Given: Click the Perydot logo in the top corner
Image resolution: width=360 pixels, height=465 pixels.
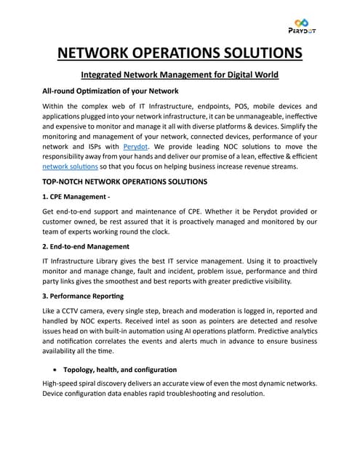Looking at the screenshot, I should pyautogui.click(x=303, y=25).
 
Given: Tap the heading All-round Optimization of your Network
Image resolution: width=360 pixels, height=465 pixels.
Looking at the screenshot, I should pyautogui.click(x=111, y=91).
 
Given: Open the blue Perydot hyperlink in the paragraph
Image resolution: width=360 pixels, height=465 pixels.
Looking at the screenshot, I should pyautogui.click(x=135, y=147).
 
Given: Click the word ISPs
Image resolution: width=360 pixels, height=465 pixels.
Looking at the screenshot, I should pyautogui.click(x=94, y=147).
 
